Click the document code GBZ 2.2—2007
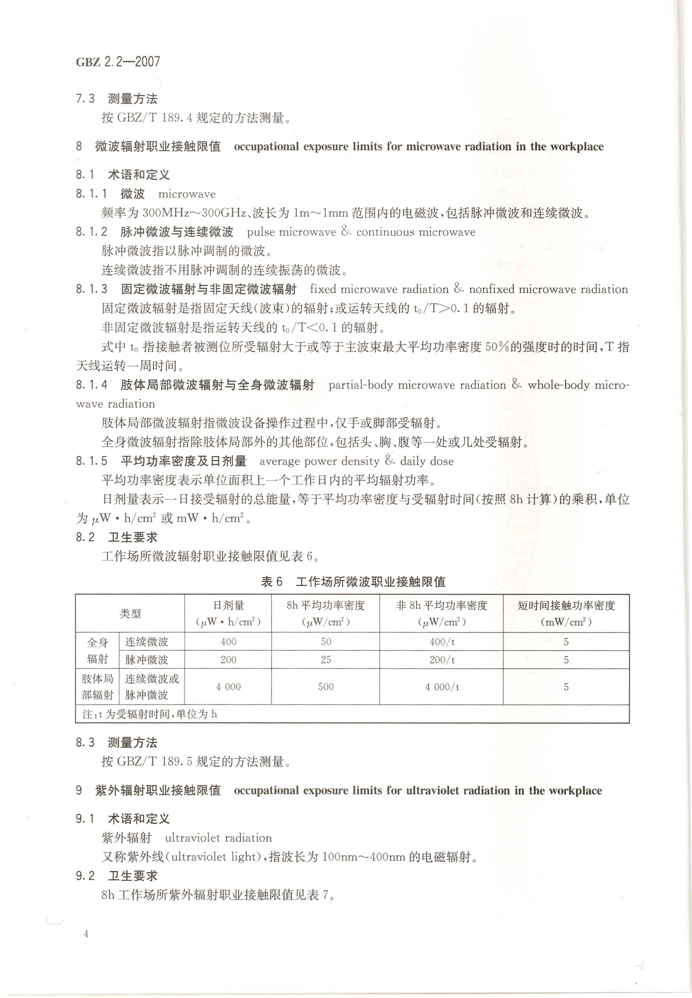coord(118,62)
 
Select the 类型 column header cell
coord(130,613)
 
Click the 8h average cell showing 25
coord(326,660)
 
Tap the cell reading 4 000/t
coord(442,687)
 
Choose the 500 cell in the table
coord(326,687)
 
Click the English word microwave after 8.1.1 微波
coord(187,194)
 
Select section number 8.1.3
coord(91,289)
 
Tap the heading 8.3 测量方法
coord(116,743)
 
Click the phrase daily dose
coord(427,461)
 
